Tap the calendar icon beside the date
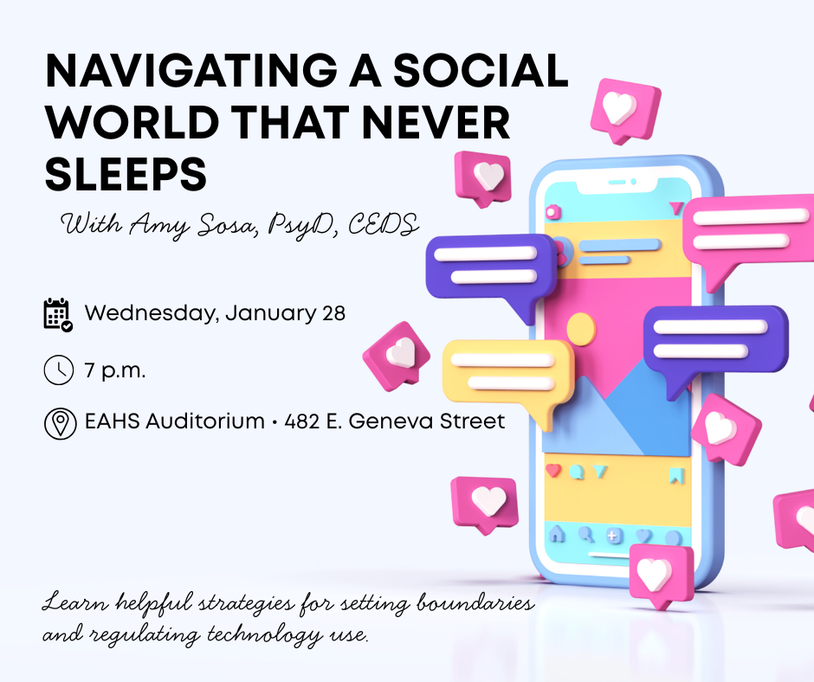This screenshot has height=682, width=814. pyautogui.click(x=57, y=313)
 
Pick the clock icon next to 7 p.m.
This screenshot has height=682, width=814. pyautogui.click(x=57, y=370)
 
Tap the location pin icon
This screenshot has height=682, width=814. pyautogui.click(x=57, y=423)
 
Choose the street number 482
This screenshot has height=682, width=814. pyautogui.click(x=303, y=422)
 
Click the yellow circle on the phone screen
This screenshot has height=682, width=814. pyautogui.click(x=580, y=328)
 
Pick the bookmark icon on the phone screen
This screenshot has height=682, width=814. pyautogui.click(x=676, y=474)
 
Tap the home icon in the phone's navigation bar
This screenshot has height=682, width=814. pyautogui.click(x=557, y=535)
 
